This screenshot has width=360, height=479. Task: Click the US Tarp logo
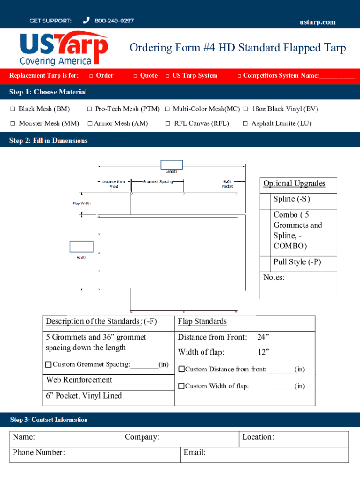[64, 49]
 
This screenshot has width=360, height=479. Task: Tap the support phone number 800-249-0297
[114, 21]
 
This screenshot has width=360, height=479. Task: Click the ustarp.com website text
[317, 22]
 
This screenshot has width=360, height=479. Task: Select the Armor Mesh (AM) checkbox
[90, 123]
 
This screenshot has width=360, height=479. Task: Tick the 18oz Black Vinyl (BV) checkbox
[246, 109]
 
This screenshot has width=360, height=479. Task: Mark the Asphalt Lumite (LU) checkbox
[245, 123]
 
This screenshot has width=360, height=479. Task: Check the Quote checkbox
[135, 76]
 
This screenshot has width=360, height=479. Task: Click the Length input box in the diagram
[172, 165]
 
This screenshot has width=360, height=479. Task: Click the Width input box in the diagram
[81, 247]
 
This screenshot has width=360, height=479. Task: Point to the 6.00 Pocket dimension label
[228, 184]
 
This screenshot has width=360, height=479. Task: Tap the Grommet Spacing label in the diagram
[158, 181]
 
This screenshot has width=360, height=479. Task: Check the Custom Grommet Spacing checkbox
[49, 364]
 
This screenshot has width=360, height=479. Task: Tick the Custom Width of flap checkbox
[181, 386]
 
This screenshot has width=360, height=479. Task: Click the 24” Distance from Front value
[263, 337]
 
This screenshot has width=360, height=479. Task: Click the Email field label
[194, 452]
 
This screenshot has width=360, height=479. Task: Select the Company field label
[142, 437]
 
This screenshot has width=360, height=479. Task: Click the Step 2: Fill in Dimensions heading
[49, 140]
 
